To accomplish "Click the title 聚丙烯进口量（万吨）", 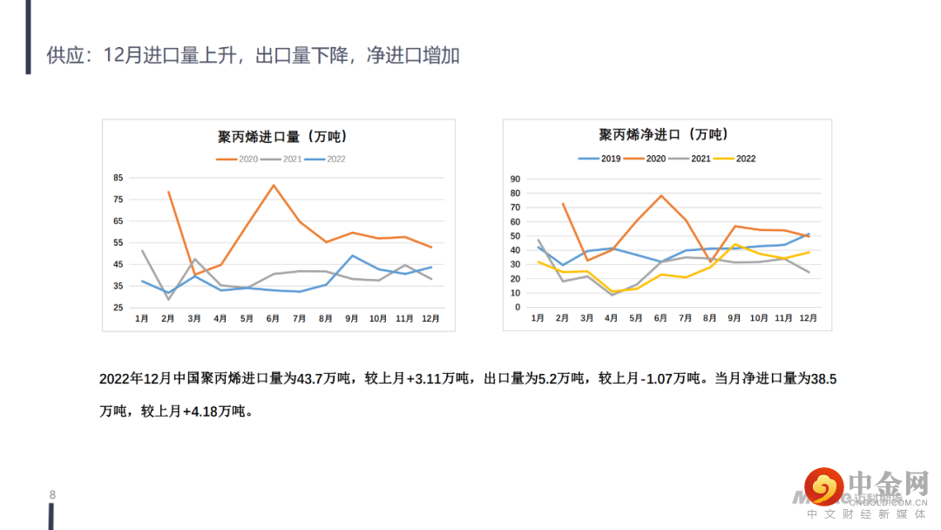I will click(x=281, y=137).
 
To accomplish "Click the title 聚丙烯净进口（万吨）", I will click(x=663, y=135).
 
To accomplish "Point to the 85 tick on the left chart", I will click(x=118, y=178).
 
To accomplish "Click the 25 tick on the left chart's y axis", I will click(x=118, y=308).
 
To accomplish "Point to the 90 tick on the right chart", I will click(x=515, y=180).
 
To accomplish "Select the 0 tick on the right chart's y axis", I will click(x=518, y=307).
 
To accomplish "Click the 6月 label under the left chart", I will click(x=273, y=320).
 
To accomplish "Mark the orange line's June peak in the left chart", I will click(x=274, y=185).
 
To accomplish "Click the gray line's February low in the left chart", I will click(x=168, y=299).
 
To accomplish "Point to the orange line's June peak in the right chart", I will click(x=661, y=195).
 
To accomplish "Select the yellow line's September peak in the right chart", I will click(x=735, y=244).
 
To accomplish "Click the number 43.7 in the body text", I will click(x=310, y=379).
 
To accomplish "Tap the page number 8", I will click(x=52, y=496).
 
